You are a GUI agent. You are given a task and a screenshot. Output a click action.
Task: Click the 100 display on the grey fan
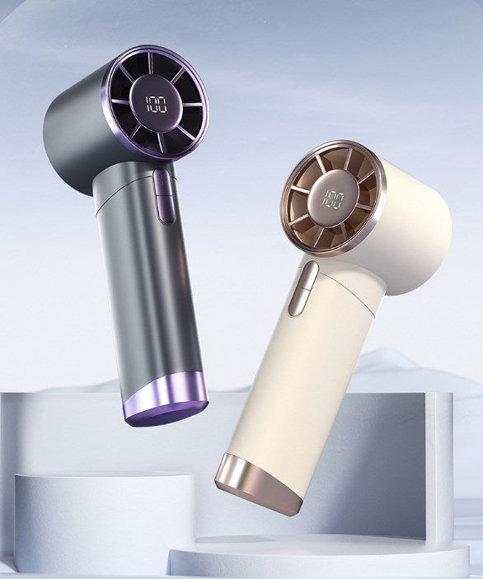[157, 105]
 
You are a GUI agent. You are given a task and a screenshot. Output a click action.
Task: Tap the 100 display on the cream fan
[333, 199]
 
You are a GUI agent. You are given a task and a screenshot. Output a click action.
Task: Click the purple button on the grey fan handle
[163, 196]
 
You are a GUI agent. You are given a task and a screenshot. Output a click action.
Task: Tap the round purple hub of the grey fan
[156, 104]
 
